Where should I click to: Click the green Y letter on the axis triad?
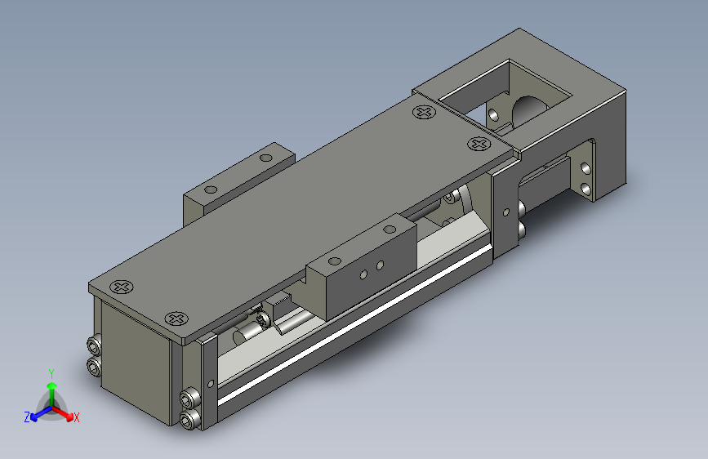pos(51,372)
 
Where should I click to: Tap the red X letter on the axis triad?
pos(77,417)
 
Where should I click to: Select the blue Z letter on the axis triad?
pos(27,417)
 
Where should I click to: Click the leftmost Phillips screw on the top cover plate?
pos(122,287)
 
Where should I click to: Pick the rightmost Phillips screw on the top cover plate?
pos(478,144)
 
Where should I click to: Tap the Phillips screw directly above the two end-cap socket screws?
pos(176,319)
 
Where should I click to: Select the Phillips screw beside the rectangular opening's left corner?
pos(424,112)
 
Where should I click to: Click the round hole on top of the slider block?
pos(332,262)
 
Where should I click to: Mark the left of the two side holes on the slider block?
pos(362,273)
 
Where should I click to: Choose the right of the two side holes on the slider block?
pos(379,265)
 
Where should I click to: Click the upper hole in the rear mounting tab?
pos(266,158)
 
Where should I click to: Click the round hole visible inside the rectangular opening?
pos(494,113)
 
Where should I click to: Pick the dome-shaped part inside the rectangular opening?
pos(530,106)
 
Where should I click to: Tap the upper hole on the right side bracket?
pos(586,168)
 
